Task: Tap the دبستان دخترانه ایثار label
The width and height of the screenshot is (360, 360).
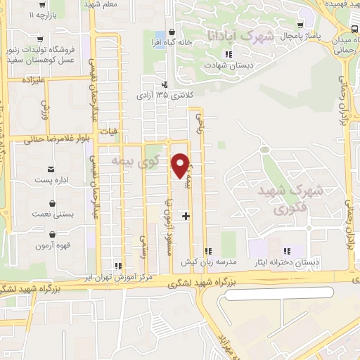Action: [287, 262]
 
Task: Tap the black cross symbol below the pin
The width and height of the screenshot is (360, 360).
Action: [186, 216]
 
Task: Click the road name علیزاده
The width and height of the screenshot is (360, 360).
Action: [34, 82]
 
